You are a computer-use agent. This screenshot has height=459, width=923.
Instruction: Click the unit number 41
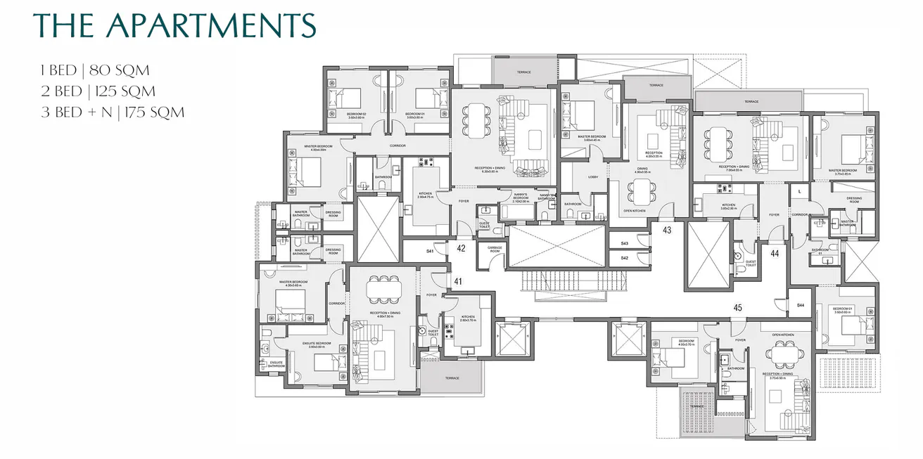tap(458, 281)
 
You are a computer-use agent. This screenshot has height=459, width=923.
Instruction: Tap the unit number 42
tap(461, 247)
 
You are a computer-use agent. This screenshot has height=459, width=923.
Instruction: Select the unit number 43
tap(667, 230)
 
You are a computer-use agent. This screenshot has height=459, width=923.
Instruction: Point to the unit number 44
tap(775, 253)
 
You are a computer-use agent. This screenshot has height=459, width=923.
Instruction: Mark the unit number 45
tap(737, 307)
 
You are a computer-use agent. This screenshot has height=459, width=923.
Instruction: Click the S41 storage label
tap(430, 250)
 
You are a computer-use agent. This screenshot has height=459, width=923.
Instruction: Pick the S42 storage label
tap(624, 258)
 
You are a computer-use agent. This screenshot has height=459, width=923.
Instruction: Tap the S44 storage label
tap(801, 304)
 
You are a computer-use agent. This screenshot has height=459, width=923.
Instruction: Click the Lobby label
tap(593, 176)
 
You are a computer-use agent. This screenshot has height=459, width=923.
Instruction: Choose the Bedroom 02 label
tap(357, 114)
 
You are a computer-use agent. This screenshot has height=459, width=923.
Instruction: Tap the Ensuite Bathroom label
tap(276, 364)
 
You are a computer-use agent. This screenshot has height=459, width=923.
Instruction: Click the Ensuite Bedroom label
tap(312, 345)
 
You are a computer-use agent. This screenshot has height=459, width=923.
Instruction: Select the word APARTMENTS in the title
tap(210, 26)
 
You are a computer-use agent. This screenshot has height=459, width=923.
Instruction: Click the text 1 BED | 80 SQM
tap(95, 70)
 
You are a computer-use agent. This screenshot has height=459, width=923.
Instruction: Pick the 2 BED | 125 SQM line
tap(98, 91)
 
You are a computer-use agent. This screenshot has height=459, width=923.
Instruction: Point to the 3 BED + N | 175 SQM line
tap(113, 112)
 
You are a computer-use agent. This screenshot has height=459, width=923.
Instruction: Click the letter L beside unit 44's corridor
tap(800, 191)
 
